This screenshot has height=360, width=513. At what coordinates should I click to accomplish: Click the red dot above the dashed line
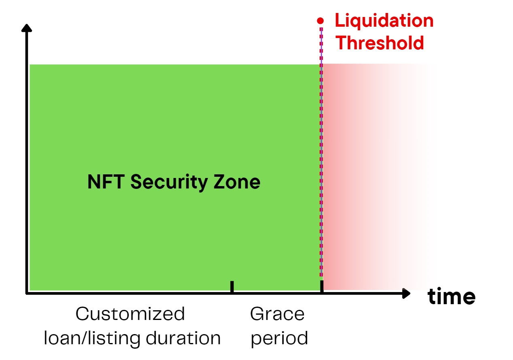coord(320,21)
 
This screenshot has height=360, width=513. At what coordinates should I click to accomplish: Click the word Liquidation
coord(384,21)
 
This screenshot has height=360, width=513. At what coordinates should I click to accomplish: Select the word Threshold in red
coord(380,43)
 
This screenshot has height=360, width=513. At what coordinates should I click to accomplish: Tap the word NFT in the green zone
coord(106,182)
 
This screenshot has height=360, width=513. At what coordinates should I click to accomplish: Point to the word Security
coord(169,182)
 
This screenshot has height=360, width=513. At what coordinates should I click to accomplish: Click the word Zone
coord(237,182)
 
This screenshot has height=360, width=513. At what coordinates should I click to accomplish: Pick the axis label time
coord(452,296)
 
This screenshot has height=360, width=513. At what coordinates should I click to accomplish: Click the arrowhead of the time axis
coord(406,293)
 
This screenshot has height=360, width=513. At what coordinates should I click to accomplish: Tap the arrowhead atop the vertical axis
coord(27,28)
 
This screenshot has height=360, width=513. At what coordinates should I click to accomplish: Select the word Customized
coord(130,314)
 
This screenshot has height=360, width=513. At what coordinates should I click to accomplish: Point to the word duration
coord(183,338)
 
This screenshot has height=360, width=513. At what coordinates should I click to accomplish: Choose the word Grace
coord(277,314)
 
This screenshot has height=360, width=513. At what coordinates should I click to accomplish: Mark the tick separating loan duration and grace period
coord(232,287)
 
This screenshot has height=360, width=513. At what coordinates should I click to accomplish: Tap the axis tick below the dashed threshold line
coord(322,287)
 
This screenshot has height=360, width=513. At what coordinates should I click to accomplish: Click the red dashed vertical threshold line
coord(321,152)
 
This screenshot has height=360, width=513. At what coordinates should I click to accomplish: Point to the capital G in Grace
coord(257,314)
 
